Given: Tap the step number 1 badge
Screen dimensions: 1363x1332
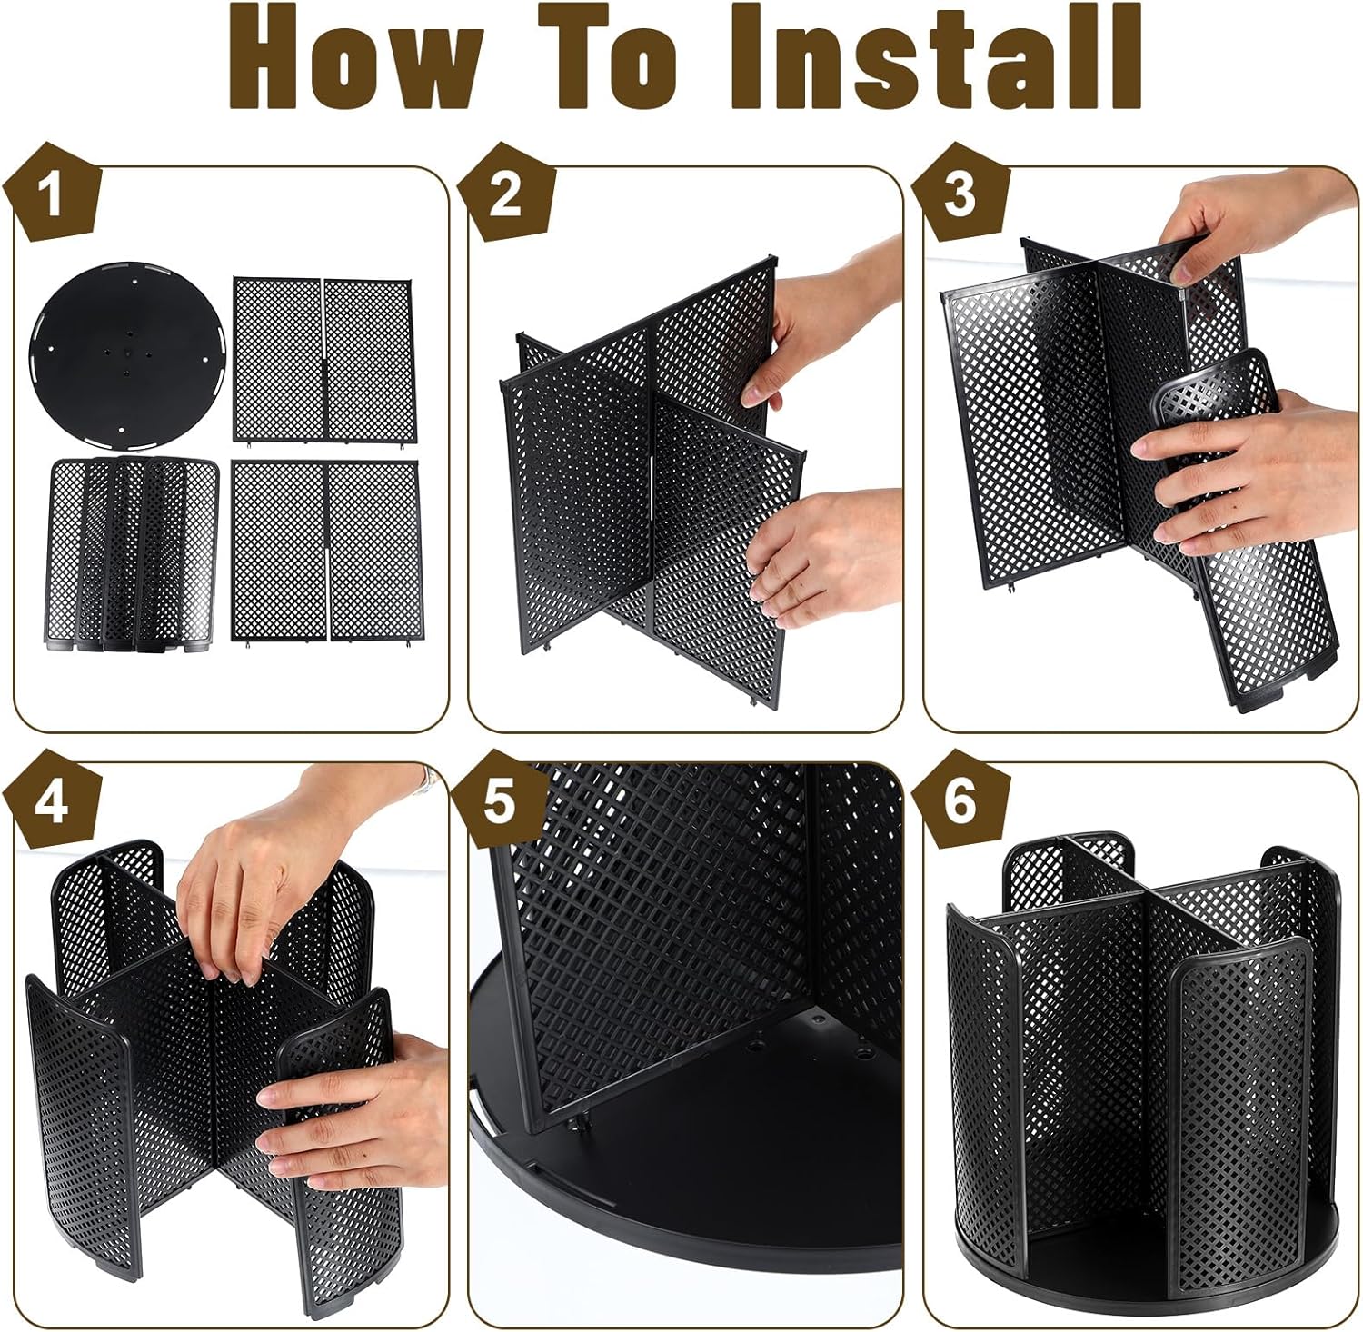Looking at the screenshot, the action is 52,193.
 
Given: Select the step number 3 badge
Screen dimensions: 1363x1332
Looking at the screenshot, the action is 960,193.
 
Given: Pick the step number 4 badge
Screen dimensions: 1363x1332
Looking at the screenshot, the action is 52,801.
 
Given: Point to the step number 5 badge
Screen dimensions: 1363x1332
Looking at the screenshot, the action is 500,801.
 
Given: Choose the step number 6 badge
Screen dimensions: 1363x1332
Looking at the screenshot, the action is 960,801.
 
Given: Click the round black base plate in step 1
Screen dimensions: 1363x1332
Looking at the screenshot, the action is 127,355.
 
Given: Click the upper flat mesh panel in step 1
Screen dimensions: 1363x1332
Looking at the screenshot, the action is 323,359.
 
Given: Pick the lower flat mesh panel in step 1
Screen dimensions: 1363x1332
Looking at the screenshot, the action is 325,552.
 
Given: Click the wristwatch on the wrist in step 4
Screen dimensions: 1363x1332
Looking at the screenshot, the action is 423,780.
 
